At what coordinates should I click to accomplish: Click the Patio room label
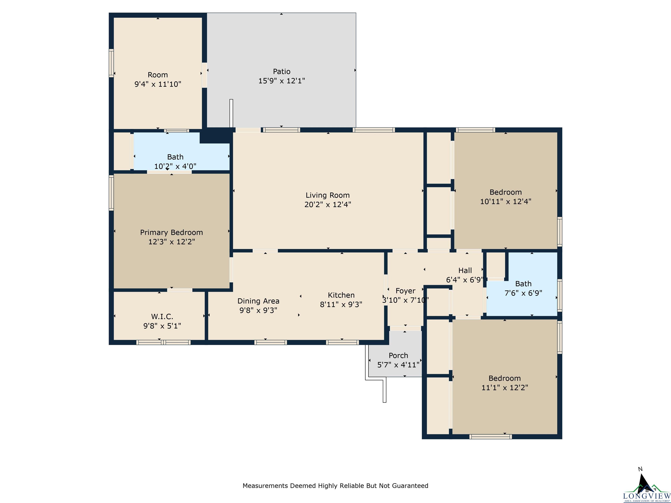[282, 72]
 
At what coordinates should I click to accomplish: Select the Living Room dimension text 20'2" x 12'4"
[328, 205]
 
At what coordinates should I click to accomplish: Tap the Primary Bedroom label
[171, 233]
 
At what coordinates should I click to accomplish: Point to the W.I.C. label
[162, 317]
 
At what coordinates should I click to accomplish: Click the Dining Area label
[258, 301]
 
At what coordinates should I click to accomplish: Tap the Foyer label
[405, 291]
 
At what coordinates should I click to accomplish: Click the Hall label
[465, 270]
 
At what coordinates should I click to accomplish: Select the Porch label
[398, 355]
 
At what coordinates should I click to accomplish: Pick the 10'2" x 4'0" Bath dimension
[175, 166]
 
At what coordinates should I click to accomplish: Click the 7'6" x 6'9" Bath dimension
[523, 293]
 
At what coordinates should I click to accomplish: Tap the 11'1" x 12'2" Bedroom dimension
[505, 388]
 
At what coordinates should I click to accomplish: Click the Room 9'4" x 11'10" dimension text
[158, 84]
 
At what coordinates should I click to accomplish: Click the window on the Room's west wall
[111, 63]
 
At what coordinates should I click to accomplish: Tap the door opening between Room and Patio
[204, 75]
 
